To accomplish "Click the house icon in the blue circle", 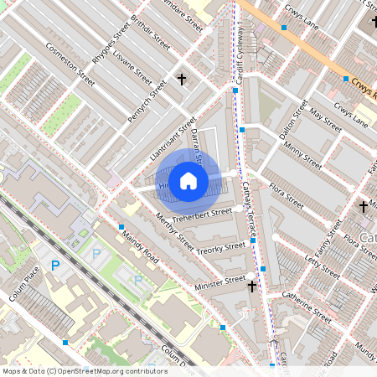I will pyautogui.click(x=188, y=179).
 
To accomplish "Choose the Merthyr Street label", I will pyautogui.click(x=175, y=234).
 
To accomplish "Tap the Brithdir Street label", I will pyautogui.click(x=150, y=33).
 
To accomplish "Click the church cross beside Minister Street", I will pyautogui.click(x=251, y=287).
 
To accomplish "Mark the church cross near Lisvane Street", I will pyautogui.click(x=181, y=80).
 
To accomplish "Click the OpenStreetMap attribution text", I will pyautogui.click(x=85, y=371).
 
